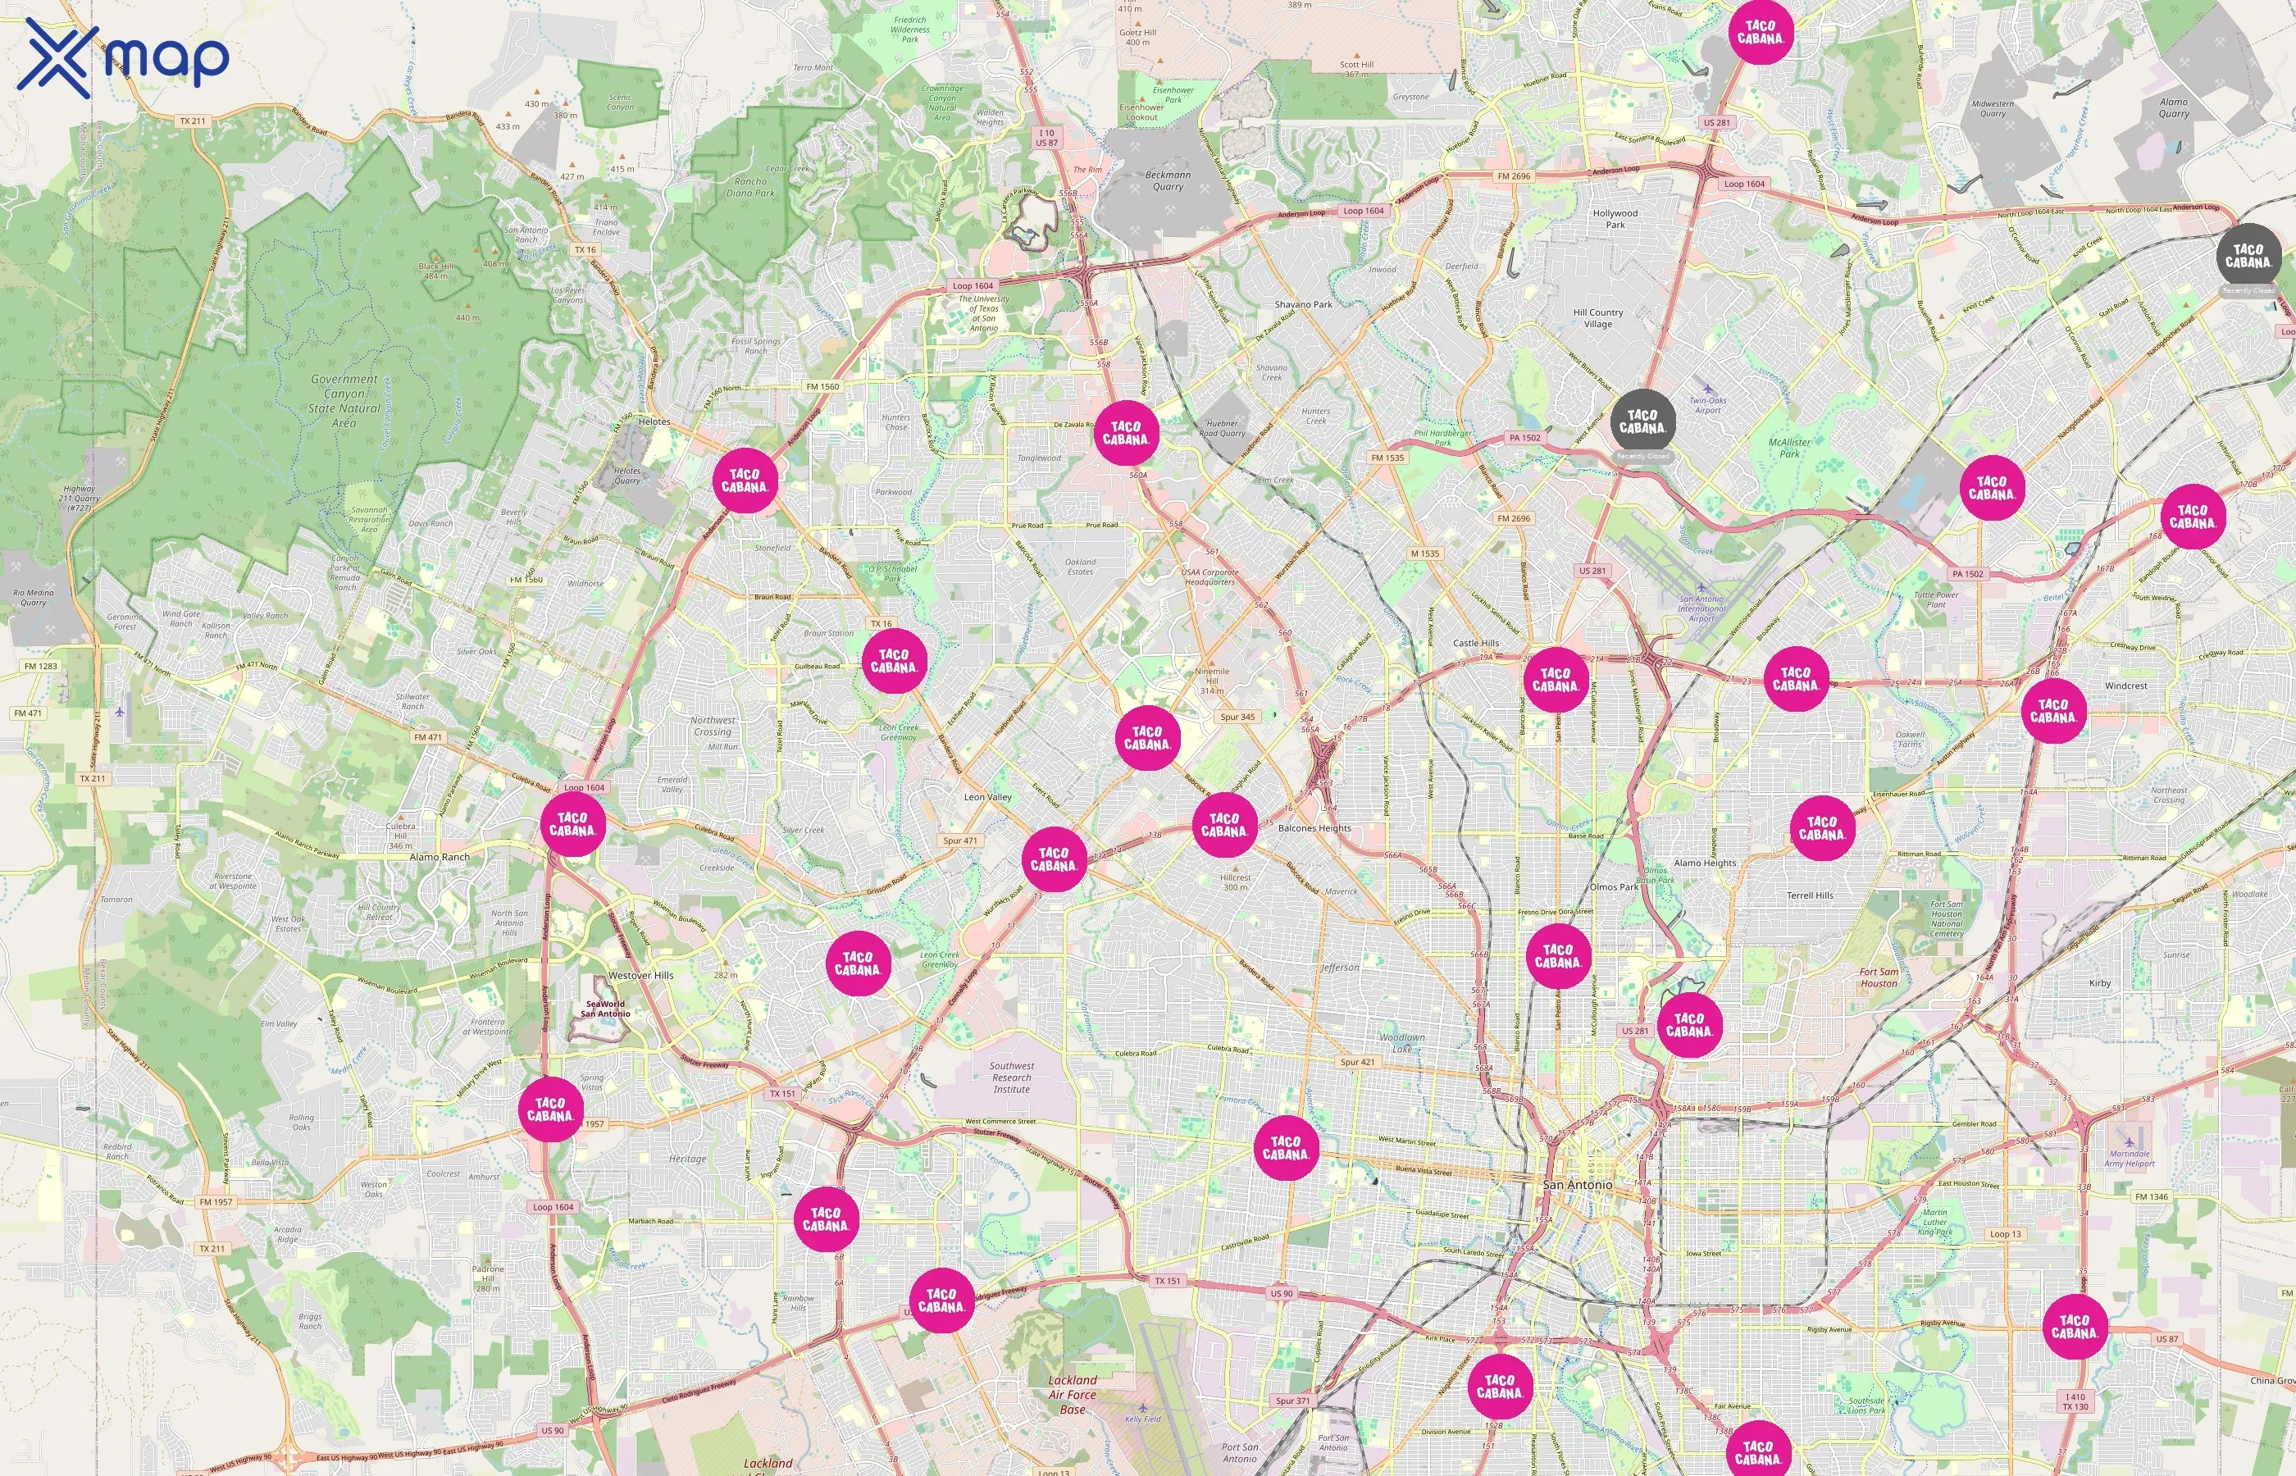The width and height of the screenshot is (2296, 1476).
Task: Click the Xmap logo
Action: [x=123, y=57]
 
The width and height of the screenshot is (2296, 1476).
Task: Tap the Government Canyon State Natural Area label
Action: [x=344, y=401]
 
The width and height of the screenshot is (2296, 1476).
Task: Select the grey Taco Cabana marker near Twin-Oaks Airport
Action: [x=1642, y=421]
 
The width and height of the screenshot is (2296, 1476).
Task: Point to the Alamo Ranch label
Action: [x=440, y=857]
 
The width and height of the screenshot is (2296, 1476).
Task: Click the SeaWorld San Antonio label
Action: [x=606, y=1009]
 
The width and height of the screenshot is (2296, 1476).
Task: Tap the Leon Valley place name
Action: [x=987, y=796]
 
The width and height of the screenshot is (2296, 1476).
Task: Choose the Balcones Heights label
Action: [x=1314, y=828]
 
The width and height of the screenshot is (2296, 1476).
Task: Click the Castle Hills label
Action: [x=1476, y=643]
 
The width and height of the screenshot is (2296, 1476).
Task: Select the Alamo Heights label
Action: [x=1705, y=863]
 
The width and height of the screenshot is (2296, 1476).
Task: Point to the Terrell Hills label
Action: [x=1809, y=895]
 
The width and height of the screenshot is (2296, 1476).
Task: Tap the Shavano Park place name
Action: [x=1303, y=304]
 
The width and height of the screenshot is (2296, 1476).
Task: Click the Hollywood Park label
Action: [x=1615, y=218]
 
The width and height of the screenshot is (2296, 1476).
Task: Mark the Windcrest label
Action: [x=2126, y=686]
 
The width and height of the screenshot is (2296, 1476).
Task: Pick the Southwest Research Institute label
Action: [x=1012, y=1077]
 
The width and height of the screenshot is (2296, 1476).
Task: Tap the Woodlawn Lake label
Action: [x=1402, y=1043]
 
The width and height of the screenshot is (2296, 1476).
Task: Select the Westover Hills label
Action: [x=641, y=975]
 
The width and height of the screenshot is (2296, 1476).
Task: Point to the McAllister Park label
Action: [x=1789, y=448]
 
